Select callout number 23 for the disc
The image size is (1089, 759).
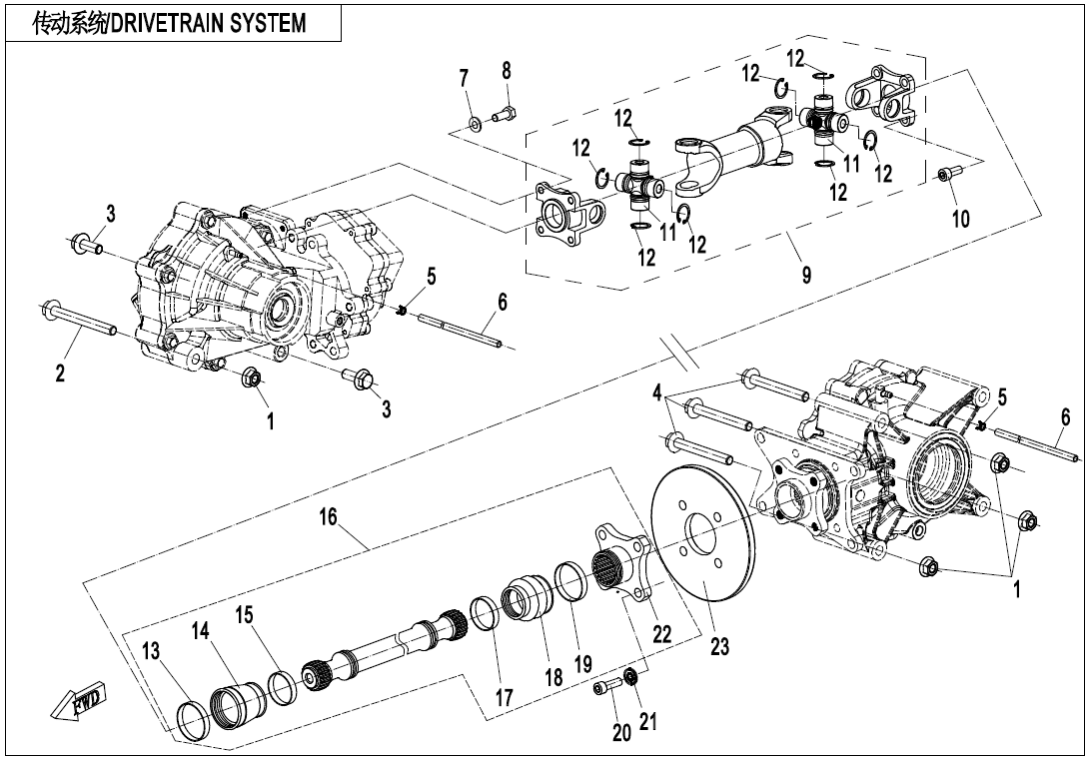pyautogui.click(x=720, y=647)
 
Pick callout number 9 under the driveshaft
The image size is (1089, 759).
pyautogui.click(x=806, y=276)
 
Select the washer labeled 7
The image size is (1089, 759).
pyautogui.click(x=475, y=125)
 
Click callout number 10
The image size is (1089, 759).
pyautogui.click(x=960, y=219)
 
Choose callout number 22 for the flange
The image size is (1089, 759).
pyautogui.click(x=661, y=633)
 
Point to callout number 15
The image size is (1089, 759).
pyautogui.click(x=245, y=615)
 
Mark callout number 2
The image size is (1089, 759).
pyautogui.click(x=60, y=373)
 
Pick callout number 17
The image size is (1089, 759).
pyautogui.click(x=505, y=698)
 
